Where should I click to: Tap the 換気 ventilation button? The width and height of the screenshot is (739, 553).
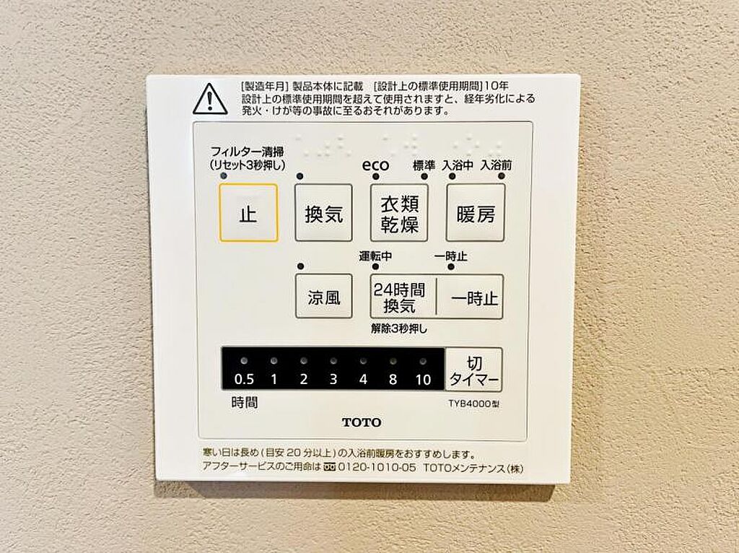323,213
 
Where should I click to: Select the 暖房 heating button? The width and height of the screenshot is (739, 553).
476,213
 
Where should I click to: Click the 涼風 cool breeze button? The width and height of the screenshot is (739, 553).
324,296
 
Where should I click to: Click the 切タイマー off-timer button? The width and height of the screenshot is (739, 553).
473,370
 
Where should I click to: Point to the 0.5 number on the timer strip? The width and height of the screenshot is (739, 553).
244,379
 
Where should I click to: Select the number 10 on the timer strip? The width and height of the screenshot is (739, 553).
423,380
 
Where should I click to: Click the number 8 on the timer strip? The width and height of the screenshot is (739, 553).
393,379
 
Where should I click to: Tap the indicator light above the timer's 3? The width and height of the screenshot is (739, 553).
333,362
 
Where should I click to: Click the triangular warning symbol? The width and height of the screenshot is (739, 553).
210,99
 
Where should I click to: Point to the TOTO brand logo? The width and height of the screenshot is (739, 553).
362,422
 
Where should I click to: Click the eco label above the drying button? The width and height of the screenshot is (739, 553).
375,165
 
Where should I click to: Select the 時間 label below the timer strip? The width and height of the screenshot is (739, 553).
245,403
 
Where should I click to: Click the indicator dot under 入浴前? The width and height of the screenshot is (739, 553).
501,176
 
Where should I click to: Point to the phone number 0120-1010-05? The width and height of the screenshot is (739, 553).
377,468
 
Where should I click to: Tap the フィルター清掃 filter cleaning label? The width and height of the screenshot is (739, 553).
247,152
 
